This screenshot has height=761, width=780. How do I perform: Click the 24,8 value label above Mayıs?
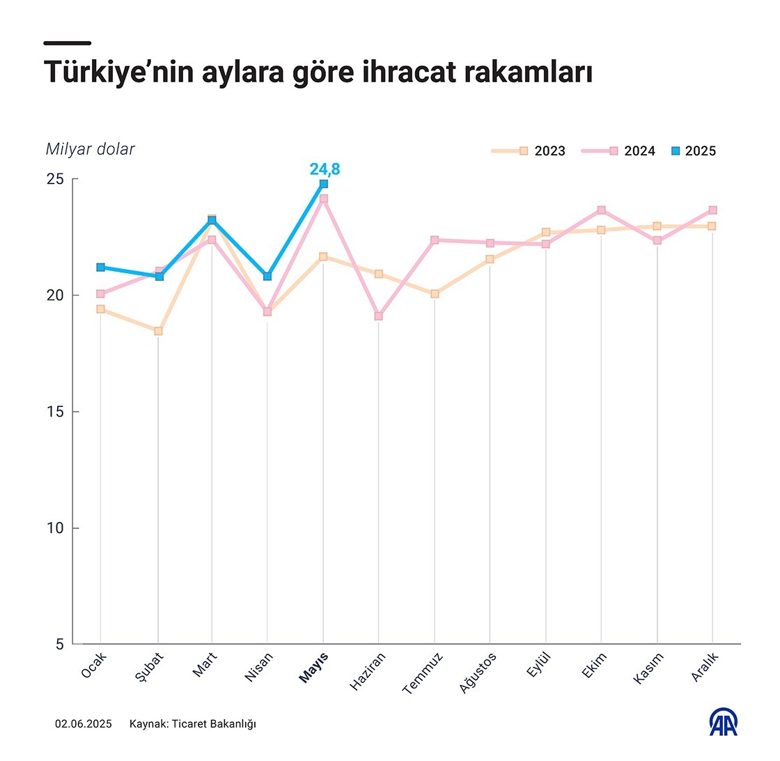pos(325,168)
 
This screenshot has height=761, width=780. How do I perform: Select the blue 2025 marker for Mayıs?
pos(324,184)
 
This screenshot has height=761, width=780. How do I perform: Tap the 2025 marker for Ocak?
pos(101,267)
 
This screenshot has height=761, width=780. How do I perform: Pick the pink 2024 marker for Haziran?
pos(378,316)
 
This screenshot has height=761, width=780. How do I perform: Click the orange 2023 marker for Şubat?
pos(158,331)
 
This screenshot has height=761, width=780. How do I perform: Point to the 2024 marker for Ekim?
pos(601,210)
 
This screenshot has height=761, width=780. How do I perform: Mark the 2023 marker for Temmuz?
pos(435,294)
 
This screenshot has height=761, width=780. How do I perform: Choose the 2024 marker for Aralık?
pos(712,210)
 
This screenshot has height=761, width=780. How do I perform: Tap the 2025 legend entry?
pos(693,151)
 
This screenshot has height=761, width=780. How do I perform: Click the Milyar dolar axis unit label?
pos(90,149)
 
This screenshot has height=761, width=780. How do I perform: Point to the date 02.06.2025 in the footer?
pos(83,724)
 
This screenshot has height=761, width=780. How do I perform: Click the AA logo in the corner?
pos(724,723)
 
